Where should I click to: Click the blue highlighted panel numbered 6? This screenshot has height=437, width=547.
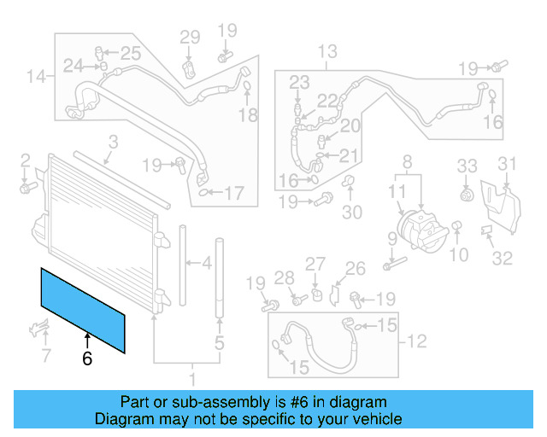click(x=83, y=309)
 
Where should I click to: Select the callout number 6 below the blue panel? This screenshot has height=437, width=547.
click(x=86, y=359)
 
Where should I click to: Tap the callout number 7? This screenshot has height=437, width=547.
click(x=46, y=354)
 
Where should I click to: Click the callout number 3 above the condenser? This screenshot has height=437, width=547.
click(x=113, y=143)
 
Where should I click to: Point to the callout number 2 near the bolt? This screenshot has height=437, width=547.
click(x=25, y=160)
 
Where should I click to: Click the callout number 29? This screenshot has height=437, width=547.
click(x=189, y=37)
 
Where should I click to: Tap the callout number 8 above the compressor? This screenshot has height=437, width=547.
click(x=407, y=160)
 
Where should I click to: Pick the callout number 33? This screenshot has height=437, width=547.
click(x=466, y=165)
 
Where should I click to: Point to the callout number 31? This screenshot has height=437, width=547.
click(x=508, y=164)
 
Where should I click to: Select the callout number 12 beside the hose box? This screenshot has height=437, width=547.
click(x=415, y=343)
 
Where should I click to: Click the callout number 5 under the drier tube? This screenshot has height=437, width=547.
click(x=220, y=344)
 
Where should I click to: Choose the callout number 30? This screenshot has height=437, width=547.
click(x=352, y=212)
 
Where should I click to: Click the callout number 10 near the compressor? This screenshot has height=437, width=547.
click(x=460, y=253)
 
